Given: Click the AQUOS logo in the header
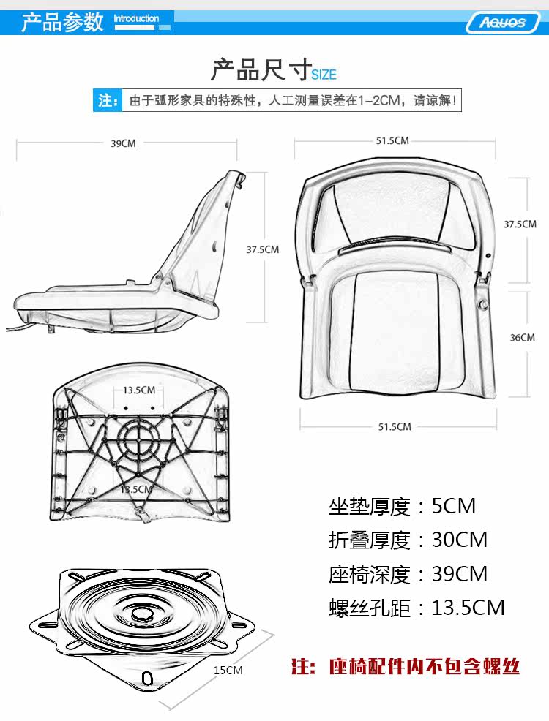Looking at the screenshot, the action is tap(503, 22).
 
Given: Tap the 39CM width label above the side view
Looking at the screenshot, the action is tap(123, 143).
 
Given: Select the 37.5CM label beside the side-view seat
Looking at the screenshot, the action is tap(262, 249).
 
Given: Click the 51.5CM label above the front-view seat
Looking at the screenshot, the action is tap(392, 140).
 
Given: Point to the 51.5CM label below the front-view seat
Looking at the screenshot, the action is tap(395, 426).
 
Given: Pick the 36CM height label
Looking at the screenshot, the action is tap(522, 337).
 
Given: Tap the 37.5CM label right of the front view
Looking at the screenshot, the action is tap(520, 224).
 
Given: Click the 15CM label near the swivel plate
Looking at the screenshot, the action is tap(228, 670).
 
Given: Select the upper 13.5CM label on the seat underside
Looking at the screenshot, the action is tap(138, 390).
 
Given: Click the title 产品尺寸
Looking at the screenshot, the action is tap(261, 70).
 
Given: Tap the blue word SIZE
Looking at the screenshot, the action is tap(324, 75).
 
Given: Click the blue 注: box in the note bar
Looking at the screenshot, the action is tap(108, 100).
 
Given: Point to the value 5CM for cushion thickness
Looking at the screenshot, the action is tap(454, 505).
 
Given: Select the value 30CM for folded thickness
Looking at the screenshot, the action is tap(460, 540).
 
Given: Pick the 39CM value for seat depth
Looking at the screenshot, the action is tap(460, 573).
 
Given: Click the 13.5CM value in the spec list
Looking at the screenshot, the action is tap(468, 607).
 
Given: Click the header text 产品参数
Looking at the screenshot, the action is tap(62, 22).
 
